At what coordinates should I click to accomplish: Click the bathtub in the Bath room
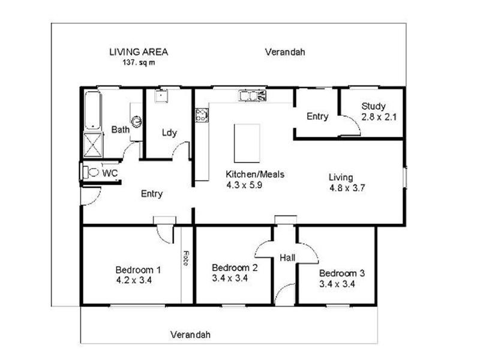point(92,110)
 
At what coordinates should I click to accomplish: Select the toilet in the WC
point(91,173)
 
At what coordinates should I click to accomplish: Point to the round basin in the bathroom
point(137,121)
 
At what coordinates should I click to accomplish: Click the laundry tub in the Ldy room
point(161,96)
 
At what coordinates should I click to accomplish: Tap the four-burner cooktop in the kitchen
point(201,115)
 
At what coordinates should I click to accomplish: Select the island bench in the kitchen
point(247,143)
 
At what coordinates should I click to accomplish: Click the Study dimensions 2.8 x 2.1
point(379,117)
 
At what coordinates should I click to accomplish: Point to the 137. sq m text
point(138,62)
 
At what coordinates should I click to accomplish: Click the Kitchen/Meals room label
point(254,175)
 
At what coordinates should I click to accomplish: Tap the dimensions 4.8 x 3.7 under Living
point(347,187)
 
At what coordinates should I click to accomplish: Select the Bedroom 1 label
point(138,269)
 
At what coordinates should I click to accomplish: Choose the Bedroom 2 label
point(235,268)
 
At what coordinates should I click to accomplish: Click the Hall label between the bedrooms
point(287,258)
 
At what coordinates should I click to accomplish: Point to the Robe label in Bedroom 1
point(187,259)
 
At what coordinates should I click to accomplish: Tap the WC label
point(110,173)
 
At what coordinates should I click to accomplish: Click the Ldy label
point(169,133)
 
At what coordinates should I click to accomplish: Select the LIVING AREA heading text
point(138,52)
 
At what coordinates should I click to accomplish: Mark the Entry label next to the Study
point(317,116)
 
